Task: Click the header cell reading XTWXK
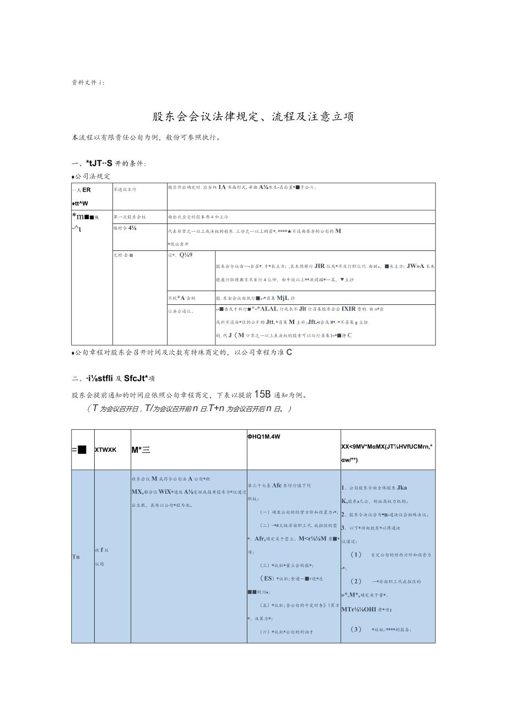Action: (105, 450)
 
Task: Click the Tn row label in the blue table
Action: (76, 557)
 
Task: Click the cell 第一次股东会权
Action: (130, 217)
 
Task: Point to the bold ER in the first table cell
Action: (87, 190)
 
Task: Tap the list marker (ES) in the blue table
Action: (267, 578)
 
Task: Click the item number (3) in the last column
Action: (356, 629)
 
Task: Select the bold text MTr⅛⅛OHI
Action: (362, 609)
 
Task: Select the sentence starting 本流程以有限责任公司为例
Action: (146, 138)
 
